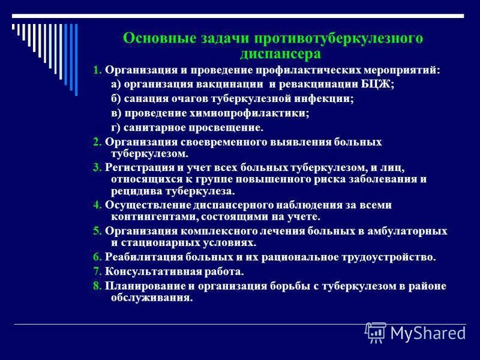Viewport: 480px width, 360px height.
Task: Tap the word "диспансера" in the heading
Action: [273, 53]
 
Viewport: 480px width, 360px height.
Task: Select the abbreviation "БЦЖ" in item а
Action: [380, 85]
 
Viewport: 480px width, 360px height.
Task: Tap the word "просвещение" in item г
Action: [228, 128]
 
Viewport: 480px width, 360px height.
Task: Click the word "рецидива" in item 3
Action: [134, 191]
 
